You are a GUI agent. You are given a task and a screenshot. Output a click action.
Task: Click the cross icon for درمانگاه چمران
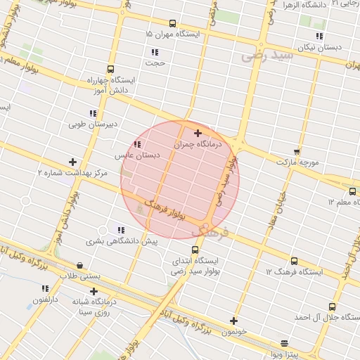198,133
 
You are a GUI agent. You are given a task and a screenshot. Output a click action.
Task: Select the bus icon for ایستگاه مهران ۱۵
174,23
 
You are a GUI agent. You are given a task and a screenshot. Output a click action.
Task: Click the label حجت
155,63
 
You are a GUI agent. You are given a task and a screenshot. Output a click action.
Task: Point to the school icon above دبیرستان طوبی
92,113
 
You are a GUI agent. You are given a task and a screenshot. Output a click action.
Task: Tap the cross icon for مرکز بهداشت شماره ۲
72,162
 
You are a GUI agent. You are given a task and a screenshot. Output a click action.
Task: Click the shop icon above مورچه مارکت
297,151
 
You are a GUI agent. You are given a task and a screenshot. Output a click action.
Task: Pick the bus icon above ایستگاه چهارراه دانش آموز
110,69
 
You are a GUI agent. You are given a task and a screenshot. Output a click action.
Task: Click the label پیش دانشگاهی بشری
122,241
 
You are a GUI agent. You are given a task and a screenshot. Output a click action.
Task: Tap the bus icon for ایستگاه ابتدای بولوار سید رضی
195,250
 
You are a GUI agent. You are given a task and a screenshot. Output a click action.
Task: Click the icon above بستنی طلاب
79,266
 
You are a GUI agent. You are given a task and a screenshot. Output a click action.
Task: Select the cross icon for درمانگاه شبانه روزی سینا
94,291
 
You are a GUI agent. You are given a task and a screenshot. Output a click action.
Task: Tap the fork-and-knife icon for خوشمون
234,321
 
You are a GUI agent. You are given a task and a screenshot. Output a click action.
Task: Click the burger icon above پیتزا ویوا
284,343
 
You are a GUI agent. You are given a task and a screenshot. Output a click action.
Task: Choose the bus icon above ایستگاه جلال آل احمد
332,306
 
